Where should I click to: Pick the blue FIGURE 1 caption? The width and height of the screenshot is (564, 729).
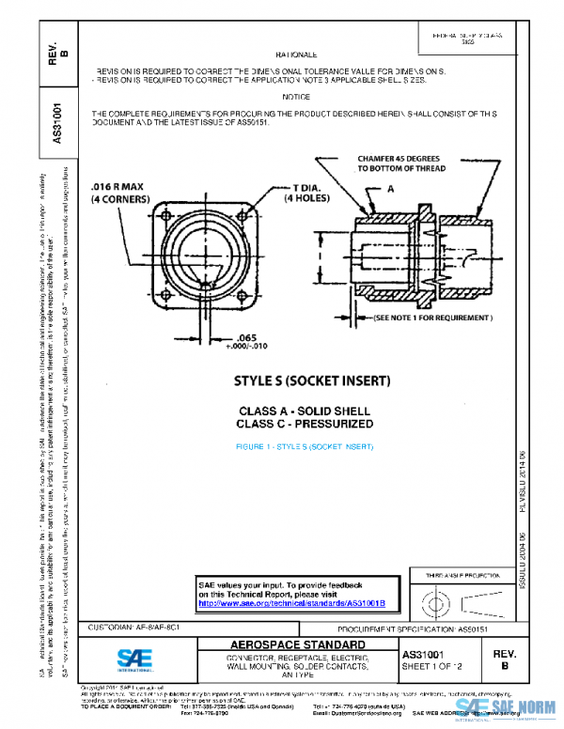click(x=305, y=445)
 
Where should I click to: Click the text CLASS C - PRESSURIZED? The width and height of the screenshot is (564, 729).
click(x=305, y=424)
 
